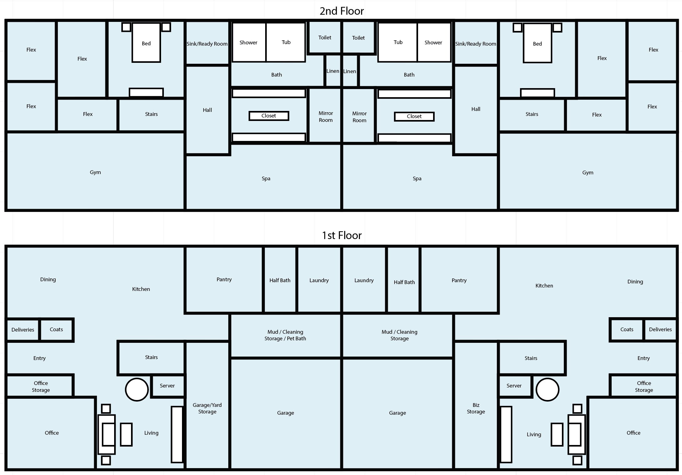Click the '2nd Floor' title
[341, 11]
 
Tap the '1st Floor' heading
[341, 235]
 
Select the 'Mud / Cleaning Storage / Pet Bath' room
[285, 335]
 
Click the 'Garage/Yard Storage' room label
[207, 408]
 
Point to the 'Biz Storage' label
[476, 408]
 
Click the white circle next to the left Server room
[137, 389]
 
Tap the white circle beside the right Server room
[547, 389]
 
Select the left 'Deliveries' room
[23, 330]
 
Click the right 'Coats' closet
[627, 329]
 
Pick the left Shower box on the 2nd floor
[249, 42]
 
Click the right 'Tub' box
[398, 42]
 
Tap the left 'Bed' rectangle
[146, 43]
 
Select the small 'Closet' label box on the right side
[414, 116]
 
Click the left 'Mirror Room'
[326, 116]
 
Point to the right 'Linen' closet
[350, 71]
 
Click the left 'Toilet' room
[325, 37]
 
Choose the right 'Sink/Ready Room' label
[475, 44]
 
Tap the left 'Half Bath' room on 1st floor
[280, 280]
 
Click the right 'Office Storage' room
[644, 386]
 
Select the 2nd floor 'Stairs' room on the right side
[532, 114]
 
